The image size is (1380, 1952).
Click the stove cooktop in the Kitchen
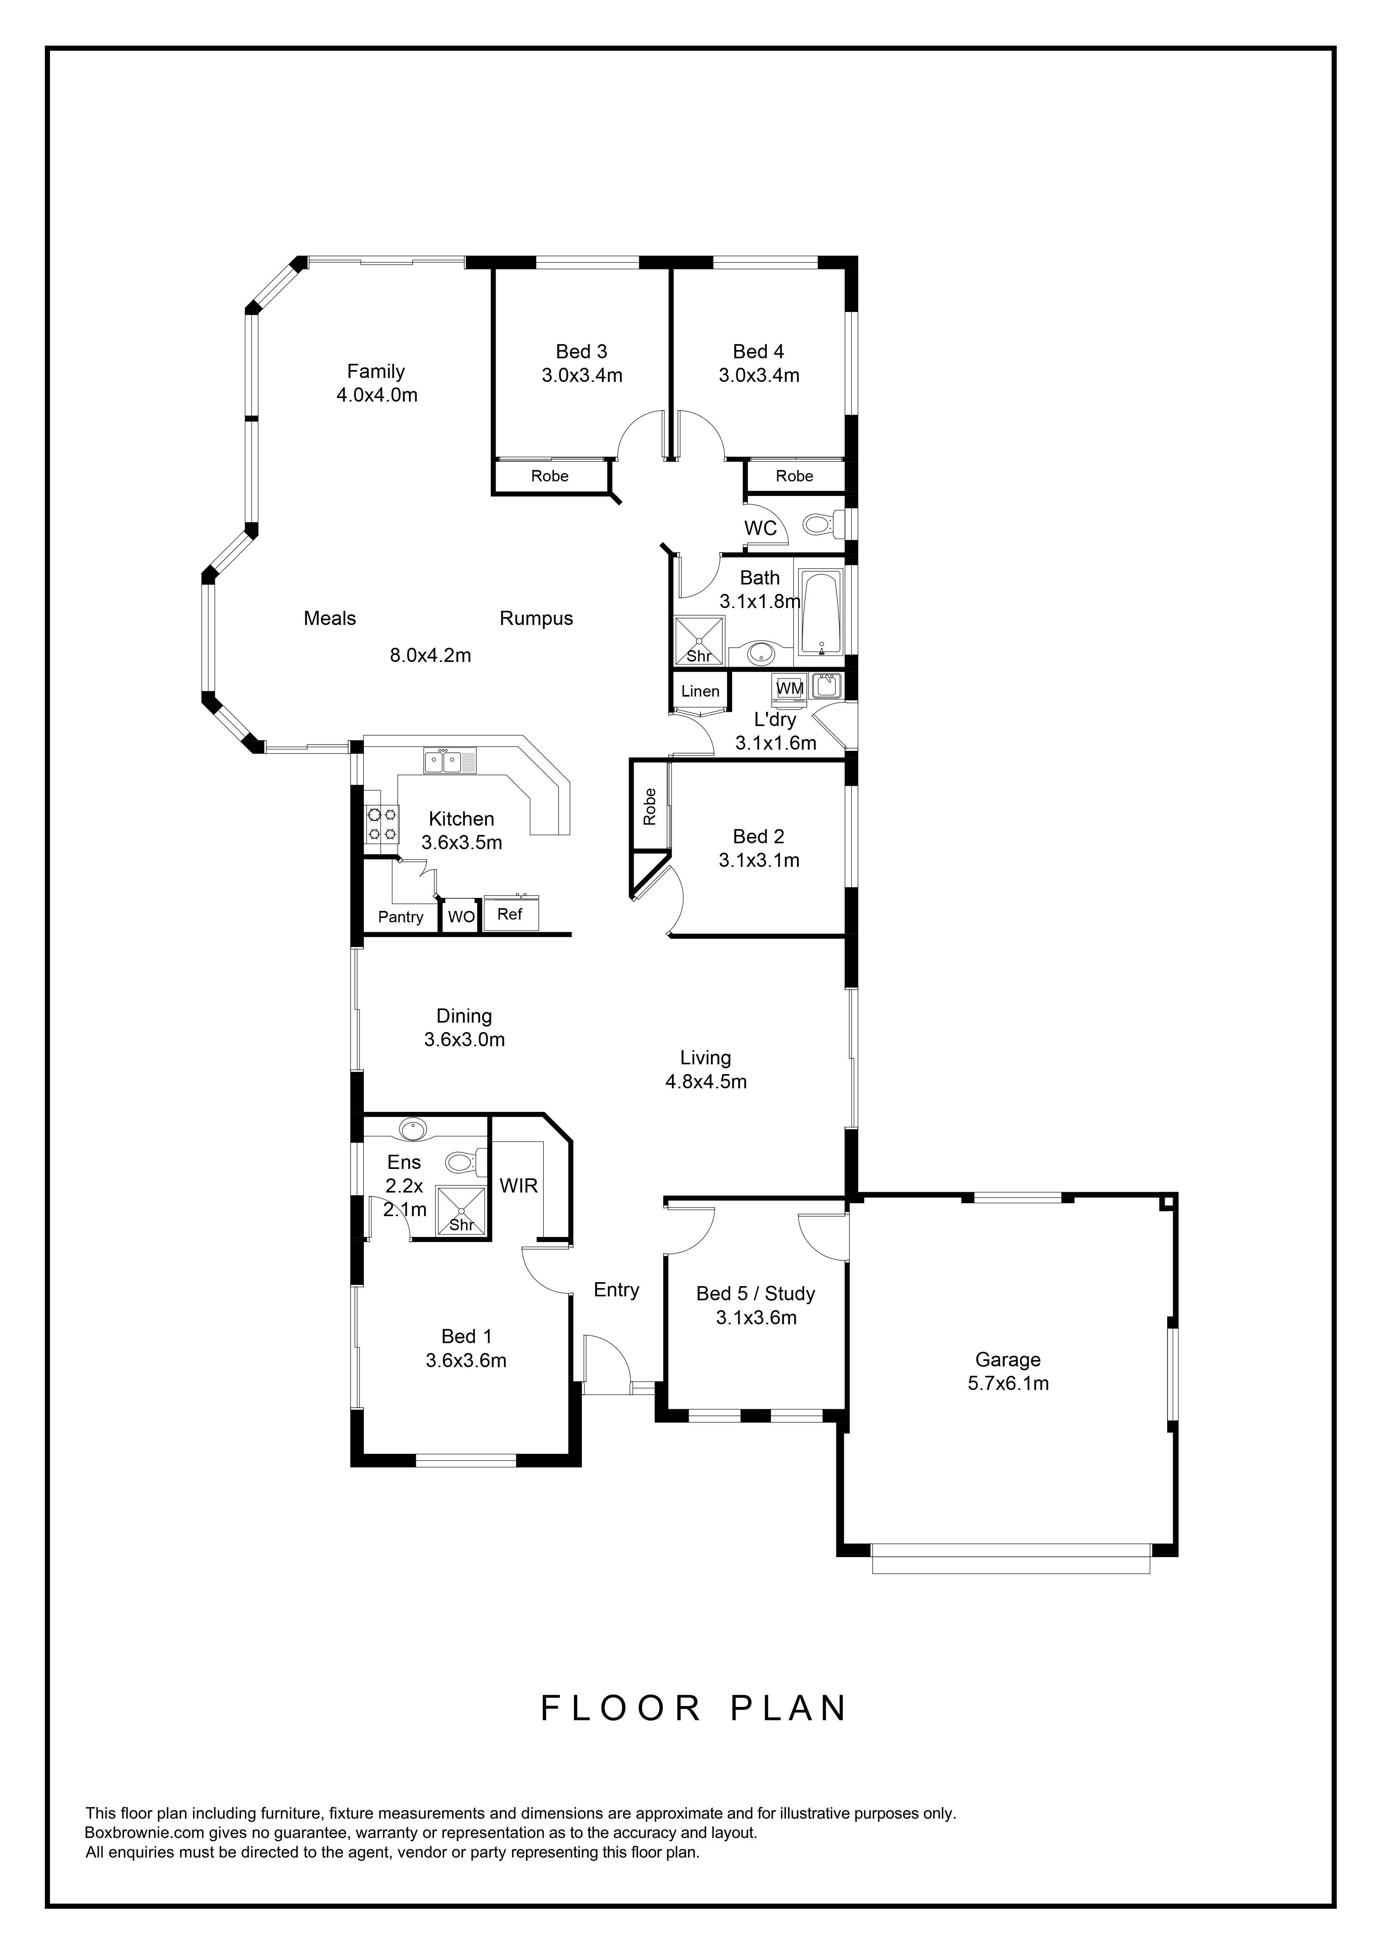coord(382,824)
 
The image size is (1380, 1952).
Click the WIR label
coord(518,1185)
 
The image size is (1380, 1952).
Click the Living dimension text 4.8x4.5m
coord(706,1082)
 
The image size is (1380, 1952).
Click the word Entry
coord(616,1290)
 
